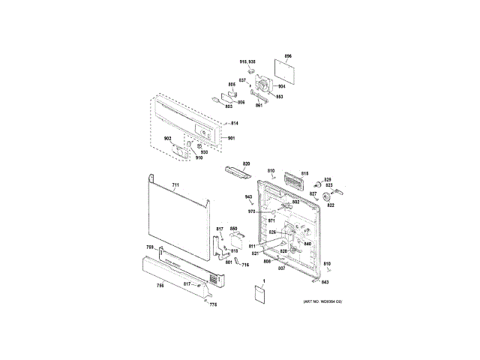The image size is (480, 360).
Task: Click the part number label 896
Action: [288, 56]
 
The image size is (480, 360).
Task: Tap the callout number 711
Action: [175, 184]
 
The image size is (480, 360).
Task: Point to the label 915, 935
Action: [247, 61]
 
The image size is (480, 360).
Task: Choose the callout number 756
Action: [160, 286]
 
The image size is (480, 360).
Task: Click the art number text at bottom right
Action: [322, 301]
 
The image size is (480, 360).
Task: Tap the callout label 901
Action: [232, 139]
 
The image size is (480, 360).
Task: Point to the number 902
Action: [169, 139]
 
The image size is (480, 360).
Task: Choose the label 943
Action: [249, 197]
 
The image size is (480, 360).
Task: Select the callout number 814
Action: [234, 123]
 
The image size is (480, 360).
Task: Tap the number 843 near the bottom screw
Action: [325, 281]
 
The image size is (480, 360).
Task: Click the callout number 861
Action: [259, 106]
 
